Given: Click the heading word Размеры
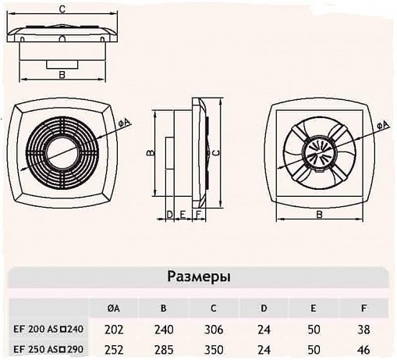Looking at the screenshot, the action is click(x=199, y=277).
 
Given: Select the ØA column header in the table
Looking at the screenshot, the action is click(x=114, y=308).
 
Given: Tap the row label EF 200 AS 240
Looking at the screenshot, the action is click(x=48, y=329).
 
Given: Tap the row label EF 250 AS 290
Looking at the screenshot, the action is click(x=48, y=349).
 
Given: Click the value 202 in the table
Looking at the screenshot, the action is click(x=114, y=330).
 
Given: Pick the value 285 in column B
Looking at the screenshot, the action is click(x=164, y=350).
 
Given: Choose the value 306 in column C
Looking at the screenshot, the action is click(x=214, y=330).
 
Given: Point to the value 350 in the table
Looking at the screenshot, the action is click(x=214, y=350).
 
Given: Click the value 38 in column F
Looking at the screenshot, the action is click(x=363, y=330).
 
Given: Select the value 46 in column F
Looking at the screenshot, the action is click(x=363, y=350).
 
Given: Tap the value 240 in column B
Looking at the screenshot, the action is click(x=164, y=330).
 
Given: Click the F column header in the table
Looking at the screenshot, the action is click(x=363, y=308).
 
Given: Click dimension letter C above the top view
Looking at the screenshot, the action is click(x=62, y=9).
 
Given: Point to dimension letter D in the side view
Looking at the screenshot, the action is click(x=169, y=215).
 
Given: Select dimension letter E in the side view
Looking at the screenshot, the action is click(x=183, y=215).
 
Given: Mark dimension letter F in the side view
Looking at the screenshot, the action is click(x=198, y=215).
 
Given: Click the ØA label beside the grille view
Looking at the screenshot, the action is click(x=125, y=123).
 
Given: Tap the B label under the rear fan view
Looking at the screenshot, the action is click(x=319, y=215).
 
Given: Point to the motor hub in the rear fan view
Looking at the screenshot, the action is click(x=320, y=154).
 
